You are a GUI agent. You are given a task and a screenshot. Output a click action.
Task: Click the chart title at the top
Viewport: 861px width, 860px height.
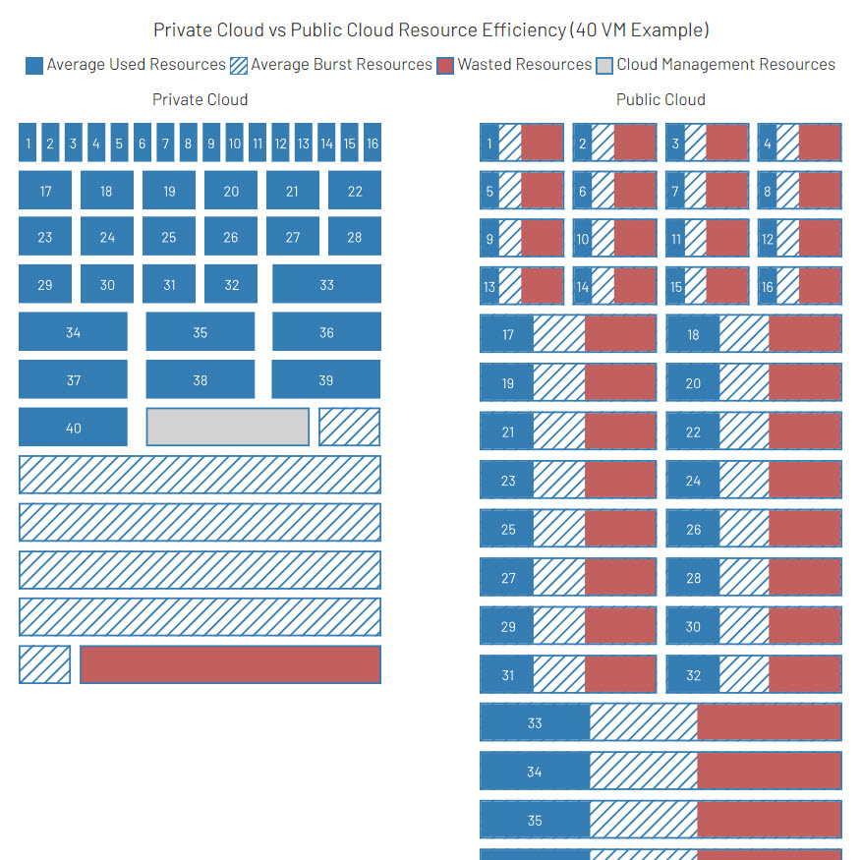(431, 29)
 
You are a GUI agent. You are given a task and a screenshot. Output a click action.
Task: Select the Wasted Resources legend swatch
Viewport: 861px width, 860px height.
(445, 65)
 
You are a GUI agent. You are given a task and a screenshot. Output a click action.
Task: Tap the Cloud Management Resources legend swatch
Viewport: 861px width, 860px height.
(604, 65)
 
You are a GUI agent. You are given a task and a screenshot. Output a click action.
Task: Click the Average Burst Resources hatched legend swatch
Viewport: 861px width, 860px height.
(238, 65)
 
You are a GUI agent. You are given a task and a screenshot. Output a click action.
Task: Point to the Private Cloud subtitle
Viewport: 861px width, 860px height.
(200, 99)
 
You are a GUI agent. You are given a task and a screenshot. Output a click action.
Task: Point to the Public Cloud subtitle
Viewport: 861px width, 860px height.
(660, 99)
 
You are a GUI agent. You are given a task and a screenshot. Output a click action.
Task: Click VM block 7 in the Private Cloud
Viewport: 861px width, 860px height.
(165, 143)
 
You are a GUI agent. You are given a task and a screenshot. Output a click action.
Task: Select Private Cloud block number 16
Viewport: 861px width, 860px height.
(373, 143)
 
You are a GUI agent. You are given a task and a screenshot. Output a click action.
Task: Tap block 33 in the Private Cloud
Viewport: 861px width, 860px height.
(326, 284)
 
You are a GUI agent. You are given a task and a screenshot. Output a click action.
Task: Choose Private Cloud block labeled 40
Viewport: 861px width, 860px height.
(73, 427)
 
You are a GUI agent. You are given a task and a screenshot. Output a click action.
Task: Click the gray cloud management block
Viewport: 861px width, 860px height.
(228, 427)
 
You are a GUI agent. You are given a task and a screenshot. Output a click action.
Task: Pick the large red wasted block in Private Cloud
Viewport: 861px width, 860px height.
(231, 664)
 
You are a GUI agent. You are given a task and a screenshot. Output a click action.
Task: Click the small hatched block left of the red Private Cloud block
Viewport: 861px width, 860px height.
(45, 664)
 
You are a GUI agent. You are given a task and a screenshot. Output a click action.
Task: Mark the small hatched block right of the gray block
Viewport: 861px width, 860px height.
(350, 427)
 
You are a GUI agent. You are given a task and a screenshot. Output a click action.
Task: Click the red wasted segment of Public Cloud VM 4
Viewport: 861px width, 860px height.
(821, 143)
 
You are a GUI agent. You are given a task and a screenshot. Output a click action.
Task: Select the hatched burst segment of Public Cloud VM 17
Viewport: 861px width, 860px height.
(559, 333)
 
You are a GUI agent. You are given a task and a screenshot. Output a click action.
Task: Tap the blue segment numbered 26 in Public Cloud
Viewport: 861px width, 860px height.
(693, 529)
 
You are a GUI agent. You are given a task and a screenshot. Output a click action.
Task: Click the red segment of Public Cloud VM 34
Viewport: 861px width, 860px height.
(770, 771)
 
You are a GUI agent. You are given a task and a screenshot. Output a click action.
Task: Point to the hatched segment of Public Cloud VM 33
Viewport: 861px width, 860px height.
(644, 722)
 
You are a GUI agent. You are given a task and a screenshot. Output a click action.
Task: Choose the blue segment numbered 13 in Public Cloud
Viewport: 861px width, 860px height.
(489, 286)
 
